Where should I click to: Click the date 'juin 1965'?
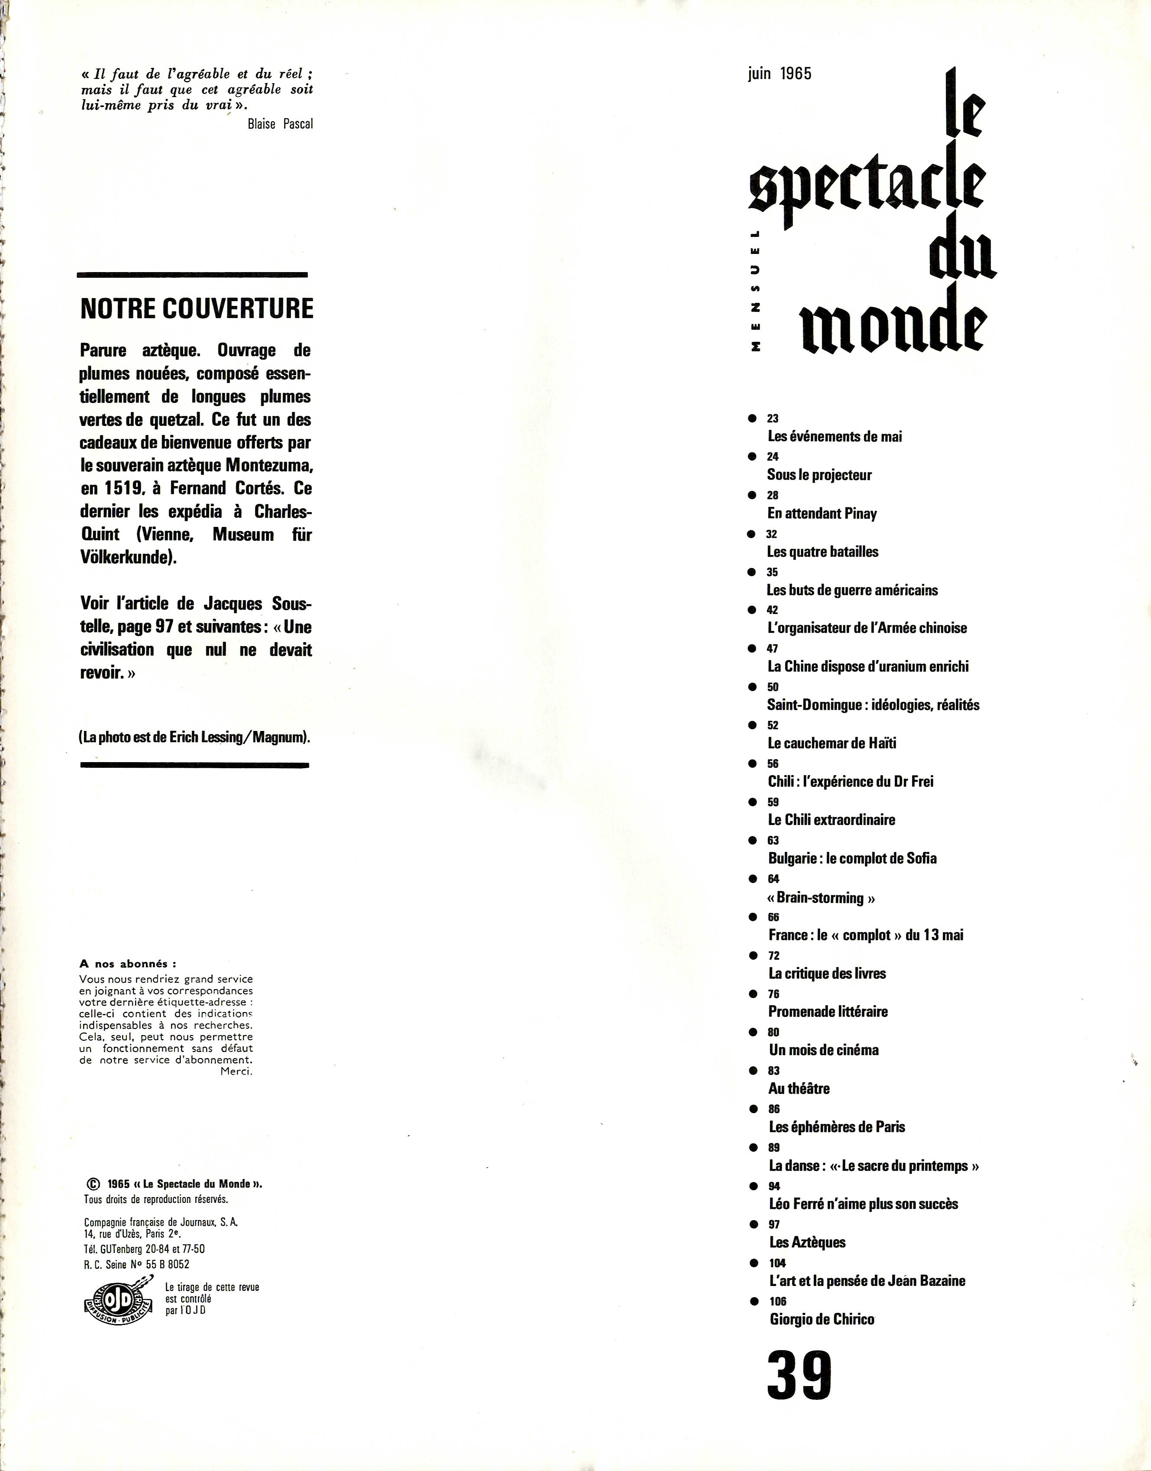coord(780,74)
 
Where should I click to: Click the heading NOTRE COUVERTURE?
coord(197,308)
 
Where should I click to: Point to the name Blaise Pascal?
coord(280,124)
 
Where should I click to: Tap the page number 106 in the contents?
coord(778,1301)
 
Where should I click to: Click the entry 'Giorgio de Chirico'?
coord(822,1319)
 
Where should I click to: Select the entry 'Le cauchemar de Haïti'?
coord(832,743)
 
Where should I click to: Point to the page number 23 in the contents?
coord(773,419)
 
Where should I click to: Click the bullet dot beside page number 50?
coord(752,687)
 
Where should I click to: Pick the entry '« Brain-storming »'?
coord(821,898)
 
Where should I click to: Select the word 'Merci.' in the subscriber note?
coord(237,1072)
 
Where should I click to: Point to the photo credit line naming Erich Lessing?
coord(194,737)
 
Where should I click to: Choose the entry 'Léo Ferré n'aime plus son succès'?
coord(863,1204)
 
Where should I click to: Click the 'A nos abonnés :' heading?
coord(128,964)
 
